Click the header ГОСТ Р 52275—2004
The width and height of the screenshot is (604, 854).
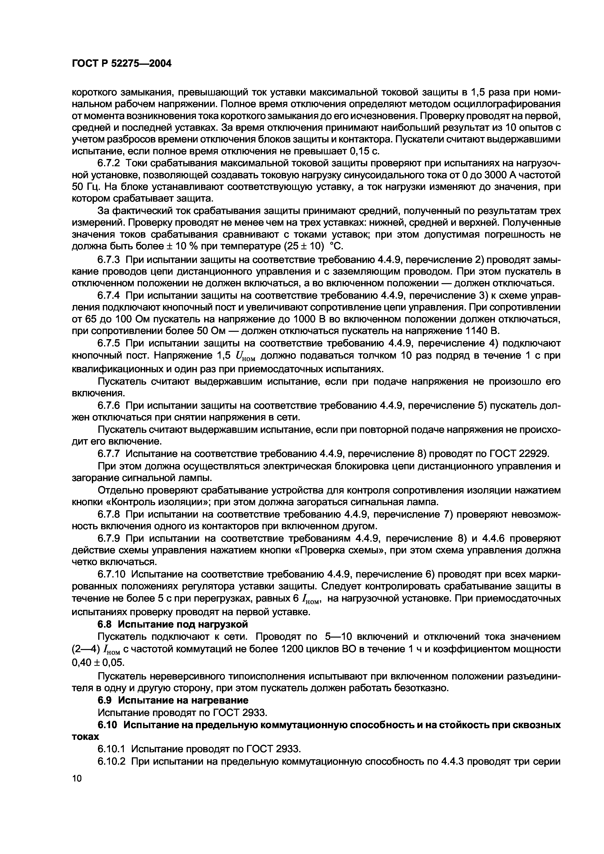[x=121, y=64]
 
